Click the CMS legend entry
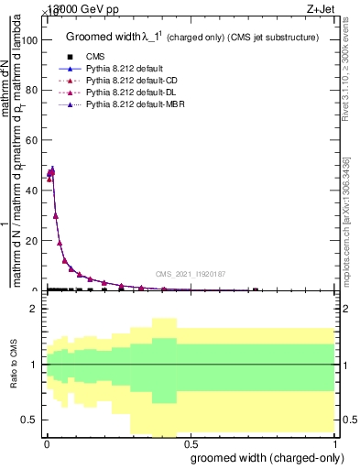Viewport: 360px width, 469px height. pyautogui.click(x=92, y=57)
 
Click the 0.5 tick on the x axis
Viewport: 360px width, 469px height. pyautogui.click(x=190, y=444)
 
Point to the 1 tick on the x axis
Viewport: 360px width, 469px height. pyautogui.click(x=335, y=444)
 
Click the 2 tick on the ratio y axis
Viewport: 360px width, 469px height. pyautogui.click(x=35, y=309)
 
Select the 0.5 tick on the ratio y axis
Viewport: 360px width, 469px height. pyautogui.click(x=31, y=420)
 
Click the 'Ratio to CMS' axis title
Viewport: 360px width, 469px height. pyautogui.click(x=14, y=365)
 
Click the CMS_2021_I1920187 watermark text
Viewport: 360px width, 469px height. pyautogui.click(x=190, y=273)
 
